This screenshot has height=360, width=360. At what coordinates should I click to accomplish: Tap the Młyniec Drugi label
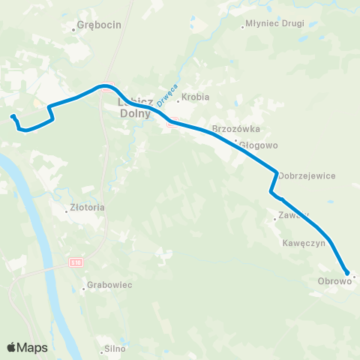tap(277, 23)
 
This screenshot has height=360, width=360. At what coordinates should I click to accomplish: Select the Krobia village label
tap(196, 97)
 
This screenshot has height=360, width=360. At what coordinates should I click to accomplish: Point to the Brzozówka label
tap(236, 129)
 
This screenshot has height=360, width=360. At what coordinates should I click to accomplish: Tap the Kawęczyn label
tap(304, 244)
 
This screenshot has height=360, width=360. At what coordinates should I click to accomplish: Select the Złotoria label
tap(88, 207)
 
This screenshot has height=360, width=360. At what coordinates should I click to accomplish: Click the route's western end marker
tap(13, 116)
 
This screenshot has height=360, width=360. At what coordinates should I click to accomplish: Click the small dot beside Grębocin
tap(73, 29)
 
